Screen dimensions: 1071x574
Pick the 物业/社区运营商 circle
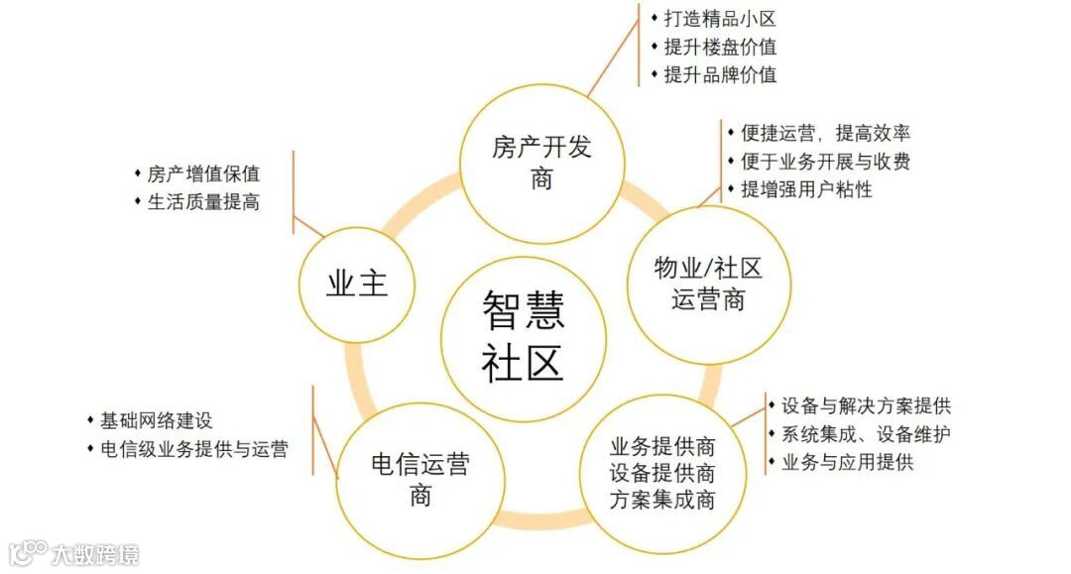(708, 284)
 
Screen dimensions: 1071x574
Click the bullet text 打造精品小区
(720, 19)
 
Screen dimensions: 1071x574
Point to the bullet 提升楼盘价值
(720, 47)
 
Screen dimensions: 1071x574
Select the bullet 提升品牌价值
(720, 74)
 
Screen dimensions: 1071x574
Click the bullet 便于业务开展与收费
(825, 161)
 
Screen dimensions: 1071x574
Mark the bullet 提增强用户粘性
(806, 188)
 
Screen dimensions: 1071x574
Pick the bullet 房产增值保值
(203, 173)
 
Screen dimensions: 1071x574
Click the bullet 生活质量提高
(203, 201)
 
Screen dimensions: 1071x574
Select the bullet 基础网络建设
(157, 420)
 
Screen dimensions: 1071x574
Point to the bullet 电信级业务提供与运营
(193, 449)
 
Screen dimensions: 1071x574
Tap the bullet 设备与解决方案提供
(866, 405)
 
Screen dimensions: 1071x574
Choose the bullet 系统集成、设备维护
(866, 434)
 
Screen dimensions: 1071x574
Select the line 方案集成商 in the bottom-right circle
(662, 500)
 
